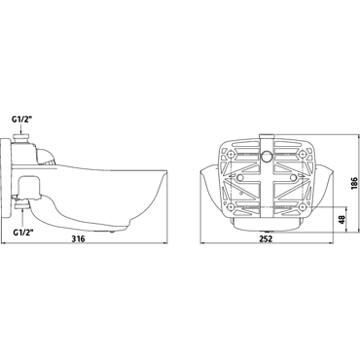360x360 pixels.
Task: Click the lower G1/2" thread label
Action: (22, 233)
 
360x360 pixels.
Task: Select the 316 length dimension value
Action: (78, 238)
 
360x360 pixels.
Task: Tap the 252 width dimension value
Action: (266, 238)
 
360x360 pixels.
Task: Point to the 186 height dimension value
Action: (354, 183)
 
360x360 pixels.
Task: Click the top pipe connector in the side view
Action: (21, 138)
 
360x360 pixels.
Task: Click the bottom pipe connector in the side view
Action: (22, 205)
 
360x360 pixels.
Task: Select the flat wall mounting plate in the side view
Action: (6, 178)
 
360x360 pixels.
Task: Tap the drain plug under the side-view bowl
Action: (112, 232)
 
